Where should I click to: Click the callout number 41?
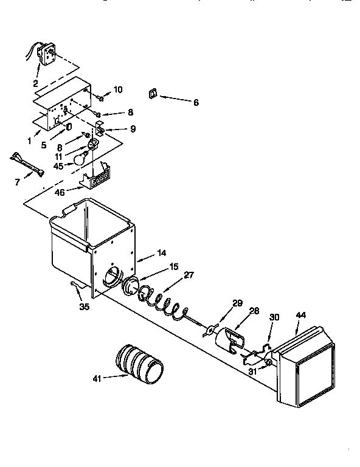pos(96,378)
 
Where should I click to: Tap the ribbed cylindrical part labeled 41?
pos(139,365)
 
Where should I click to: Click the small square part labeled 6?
pos(153,93)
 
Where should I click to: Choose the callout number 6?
pos(196,103)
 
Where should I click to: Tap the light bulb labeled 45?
pos(80,159)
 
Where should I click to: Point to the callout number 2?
pos(36,83)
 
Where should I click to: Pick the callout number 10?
pos(117,89)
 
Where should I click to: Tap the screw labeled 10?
pos(99,95)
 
